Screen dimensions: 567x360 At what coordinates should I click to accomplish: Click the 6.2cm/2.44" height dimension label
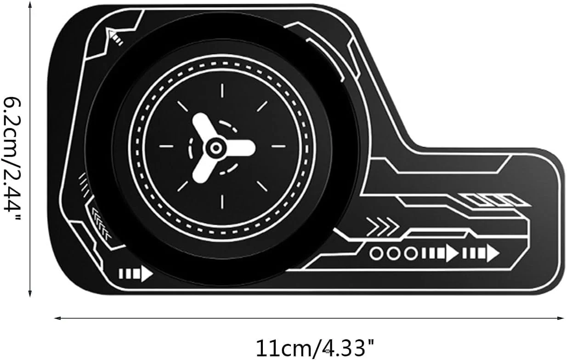click(11, 158)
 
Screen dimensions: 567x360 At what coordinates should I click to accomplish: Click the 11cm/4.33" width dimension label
click(315, 349)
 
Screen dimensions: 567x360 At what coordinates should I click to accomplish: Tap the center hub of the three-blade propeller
click(216, 148)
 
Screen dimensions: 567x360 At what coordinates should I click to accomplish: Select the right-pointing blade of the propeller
click(239, 148)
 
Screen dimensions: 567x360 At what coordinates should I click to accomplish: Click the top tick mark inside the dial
click(222, 91)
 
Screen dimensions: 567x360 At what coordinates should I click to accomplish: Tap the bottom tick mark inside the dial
click(222, 202)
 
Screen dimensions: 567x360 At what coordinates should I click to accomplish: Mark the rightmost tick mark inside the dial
click(278, 146)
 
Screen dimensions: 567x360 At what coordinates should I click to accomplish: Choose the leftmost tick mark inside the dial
click(166, 146)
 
